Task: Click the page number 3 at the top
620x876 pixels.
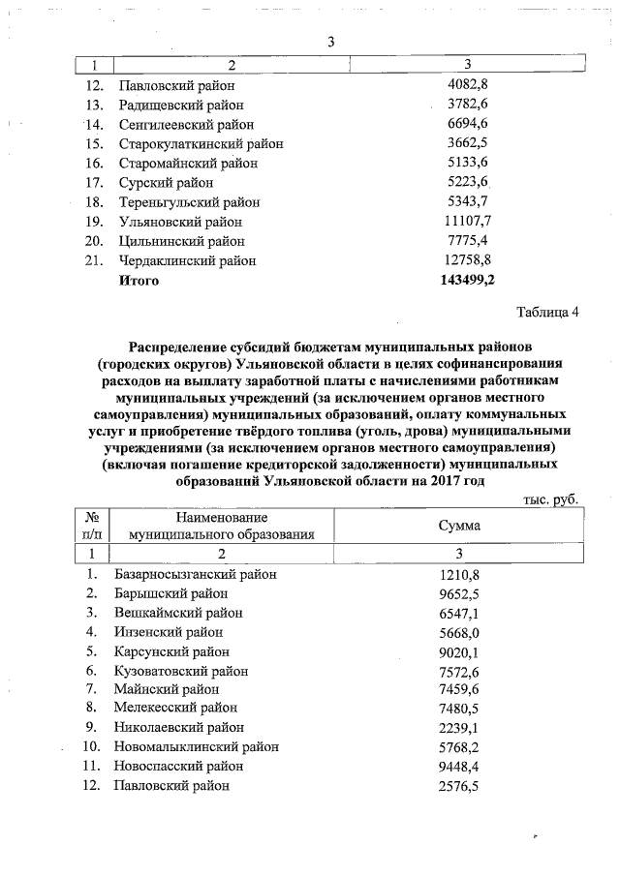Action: click(x=331, y=42)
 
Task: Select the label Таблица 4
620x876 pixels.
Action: click(x=547, y=312)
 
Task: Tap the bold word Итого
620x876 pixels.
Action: click(x=139, y=280)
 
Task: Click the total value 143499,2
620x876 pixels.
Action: click(x=468, y=280)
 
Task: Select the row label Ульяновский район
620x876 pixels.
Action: click(x=179, y=222)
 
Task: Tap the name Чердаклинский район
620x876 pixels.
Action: click(x=187, y=260)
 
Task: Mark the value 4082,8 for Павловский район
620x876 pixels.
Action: click(x=468, y=85)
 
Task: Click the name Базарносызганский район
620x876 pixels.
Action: click(x=195, y=574)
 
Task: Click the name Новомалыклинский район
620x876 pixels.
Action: click(x=197, y=746)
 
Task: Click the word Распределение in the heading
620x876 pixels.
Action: click(x=179, y=346)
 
